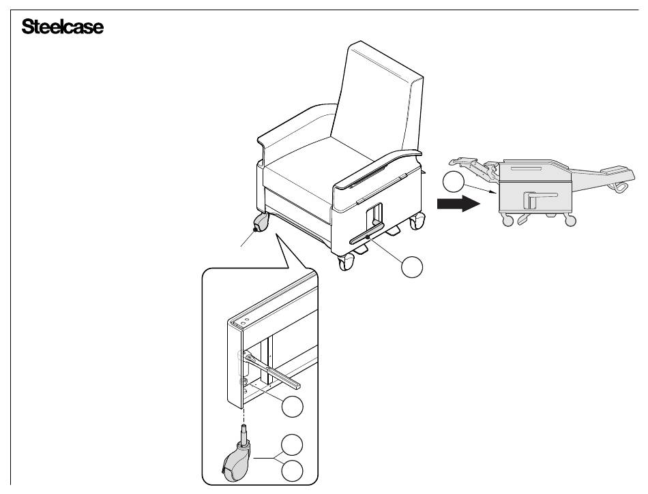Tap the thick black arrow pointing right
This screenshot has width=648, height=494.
(455, 203)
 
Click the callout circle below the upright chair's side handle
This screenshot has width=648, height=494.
(413, 267)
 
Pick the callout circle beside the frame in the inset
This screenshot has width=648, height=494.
(291, 407)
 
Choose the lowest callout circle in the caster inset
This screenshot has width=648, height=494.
(291, 471)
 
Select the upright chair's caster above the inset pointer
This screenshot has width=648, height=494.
(261, 223)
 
